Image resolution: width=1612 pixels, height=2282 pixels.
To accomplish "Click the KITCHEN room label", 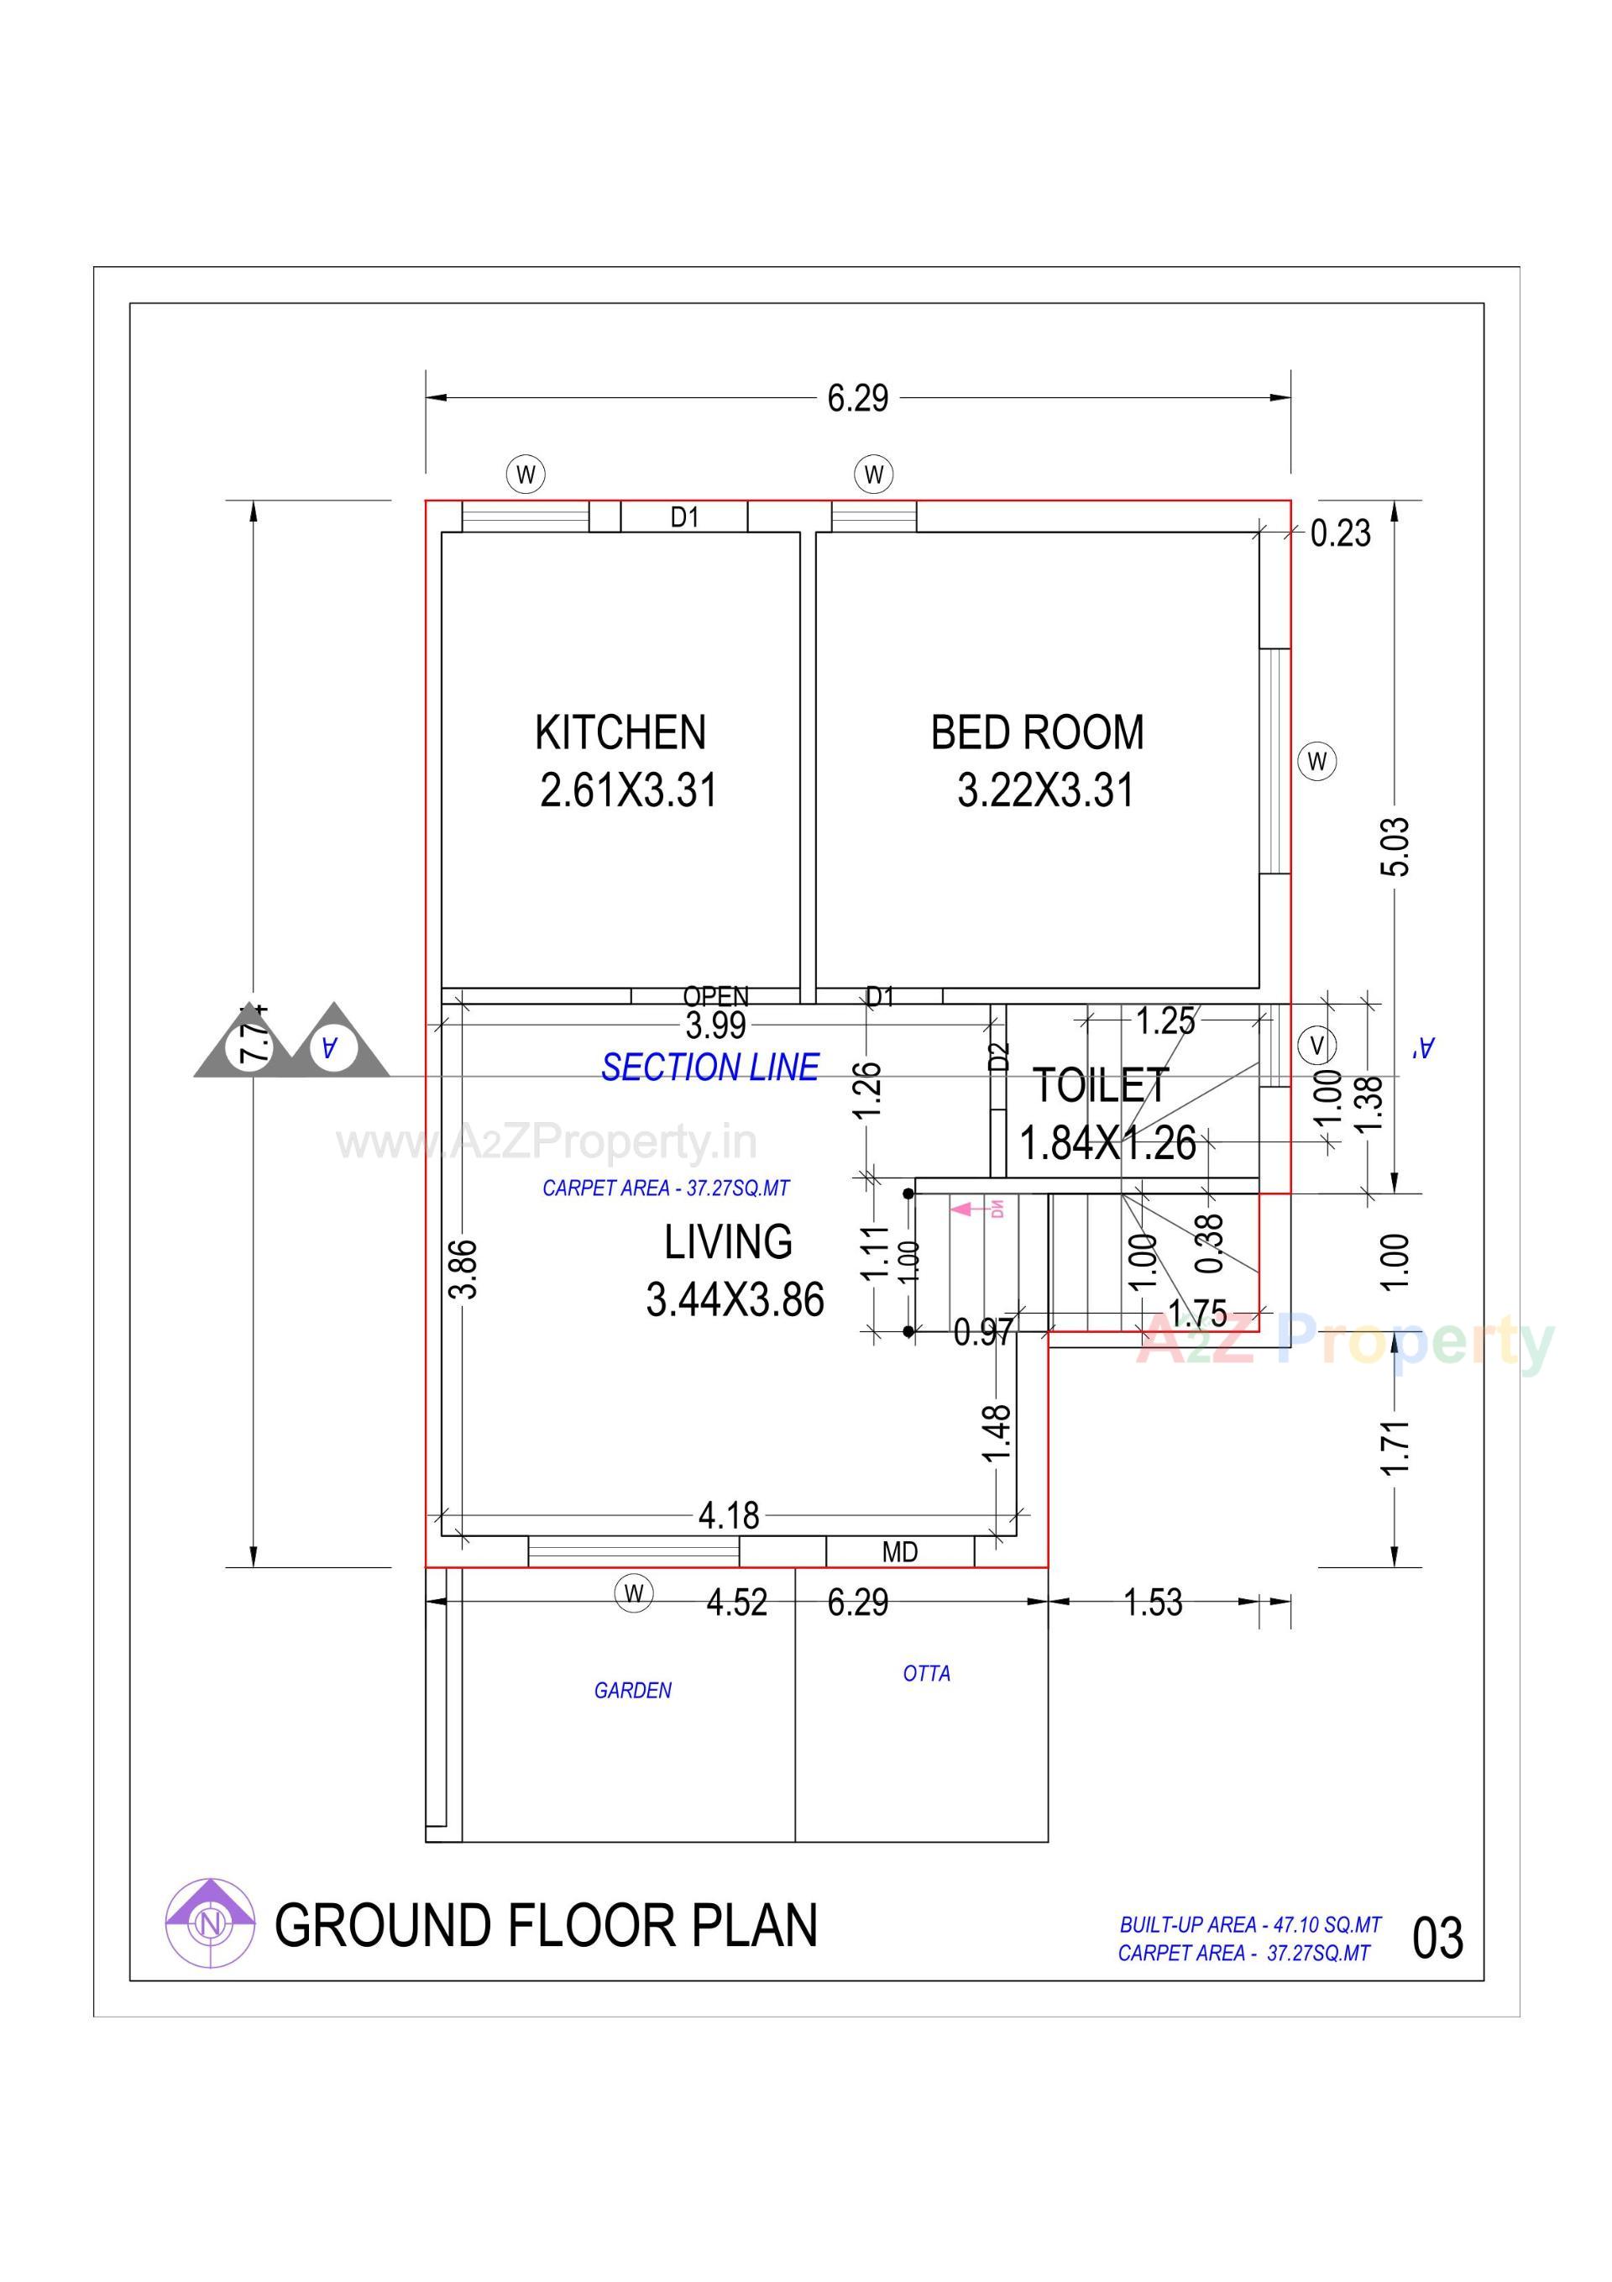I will point(620,732).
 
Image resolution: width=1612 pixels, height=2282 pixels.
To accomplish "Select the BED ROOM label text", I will point(1037,732).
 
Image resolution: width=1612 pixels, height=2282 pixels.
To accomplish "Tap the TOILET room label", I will point(1100,1085).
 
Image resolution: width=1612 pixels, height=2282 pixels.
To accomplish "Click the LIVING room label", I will point(729,1241).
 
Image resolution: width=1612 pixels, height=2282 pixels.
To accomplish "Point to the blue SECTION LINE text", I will point(709,1067).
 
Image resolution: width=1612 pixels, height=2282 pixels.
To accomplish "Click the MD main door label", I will point(899,1551).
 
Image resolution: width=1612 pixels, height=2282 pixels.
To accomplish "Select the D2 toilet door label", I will point(1000,1056).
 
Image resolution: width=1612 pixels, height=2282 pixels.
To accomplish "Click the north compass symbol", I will point(210,1925).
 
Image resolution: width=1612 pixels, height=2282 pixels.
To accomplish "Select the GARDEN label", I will point(632,1691).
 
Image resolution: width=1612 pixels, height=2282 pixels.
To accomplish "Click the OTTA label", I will point(926,1674).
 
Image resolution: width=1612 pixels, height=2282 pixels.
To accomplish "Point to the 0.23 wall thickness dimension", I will point(1340,533).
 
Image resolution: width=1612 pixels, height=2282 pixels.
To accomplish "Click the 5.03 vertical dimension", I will point(1395,846).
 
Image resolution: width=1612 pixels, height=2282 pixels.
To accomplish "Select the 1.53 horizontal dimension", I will point(1153,1603).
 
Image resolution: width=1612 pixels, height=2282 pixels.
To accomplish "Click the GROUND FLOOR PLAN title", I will point(546,1925).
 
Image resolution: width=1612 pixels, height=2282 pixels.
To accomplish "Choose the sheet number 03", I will point(1437,1938).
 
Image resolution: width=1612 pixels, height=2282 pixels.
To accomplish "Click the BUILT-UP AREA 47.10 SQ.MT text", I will point(1249,1924).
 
